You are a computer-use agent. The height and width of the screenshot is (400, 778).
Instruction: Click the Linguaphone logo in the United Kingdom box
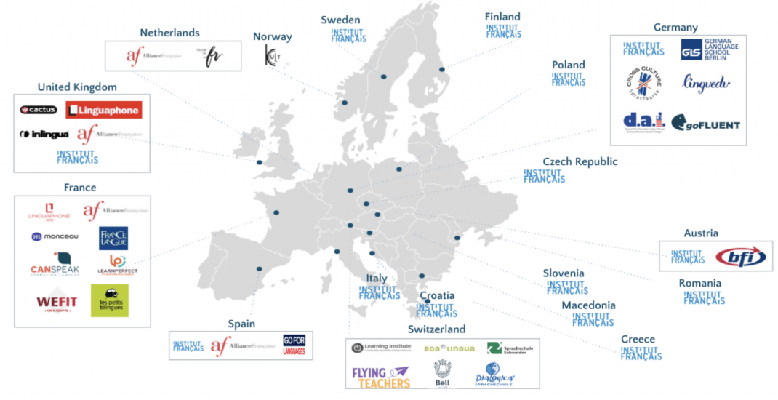tap(103, 110)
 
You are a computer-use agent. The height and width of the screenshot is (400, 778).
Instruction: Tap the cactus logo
tap(39, 110)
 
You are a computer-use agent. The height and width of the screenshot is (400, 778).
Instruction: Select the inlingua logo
tap(44, 135)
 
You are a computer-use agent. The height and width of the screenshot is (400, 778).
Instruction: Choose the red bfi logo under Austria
tap(741, 257)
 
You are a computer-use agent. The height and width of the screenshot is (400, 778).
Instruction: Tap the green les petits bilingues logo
tap(109, 300)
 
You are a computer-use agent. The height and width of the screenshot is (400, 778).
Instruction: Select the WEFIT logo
tap(57, 301)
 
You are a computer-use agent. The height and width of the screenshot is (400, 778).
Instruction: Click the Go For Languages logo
tap(294, 345)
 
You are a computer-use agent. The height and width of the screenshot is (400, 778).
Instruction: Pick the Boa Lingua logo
tap(449, 348)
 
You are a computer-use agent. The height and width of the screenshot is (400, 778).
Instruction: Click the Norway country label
tap(272, 36)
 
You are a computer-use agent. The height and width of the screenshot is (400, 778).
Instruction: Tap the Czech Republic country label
tap(580, 161)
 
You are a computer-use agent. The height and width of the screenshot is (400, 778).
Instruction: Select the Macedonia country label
tap(588, 305)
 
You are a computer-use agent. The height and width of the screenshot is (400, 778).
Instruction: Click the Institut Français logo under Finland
tap(503, 31)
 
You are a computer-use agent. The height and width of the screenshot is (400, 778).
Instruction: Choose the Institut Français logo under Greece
tap(641, 353)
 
